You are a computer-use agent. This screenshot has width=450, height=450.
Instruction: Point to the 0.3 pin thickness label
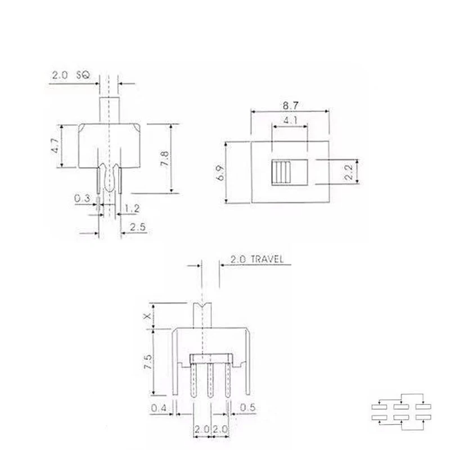point(82,198)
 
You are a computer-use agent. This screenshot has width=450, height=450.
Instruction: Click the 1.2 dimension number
point(132,208)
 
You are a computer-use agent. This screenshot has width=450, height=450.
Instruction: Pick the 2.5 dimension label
point(137,228)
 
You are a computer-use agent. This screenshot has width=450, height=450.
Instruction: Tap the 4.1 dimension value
point(290,120)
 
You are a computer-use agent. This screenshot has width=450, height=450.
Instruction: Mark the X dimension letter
point(147,316)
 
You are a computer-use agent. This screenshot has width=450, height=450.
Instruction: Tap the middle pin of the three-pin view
point(210,382)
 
